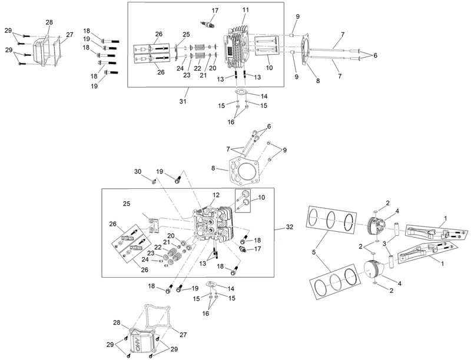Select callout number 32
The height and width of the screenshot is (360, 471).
click(x=289, y=226)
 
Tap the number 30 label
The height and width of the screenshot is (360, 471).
click(x=138, y=171)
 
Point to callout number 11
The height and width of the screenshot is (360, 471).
click(x=246, y=10)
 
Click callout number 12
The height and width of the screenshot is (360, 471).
click(x=216, y=195)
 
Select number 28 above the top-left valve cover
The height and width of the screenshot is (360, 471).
click(x=49, y=22)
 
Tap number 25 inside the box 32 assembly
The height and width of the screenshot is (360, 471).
click(x=126, y=204)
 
